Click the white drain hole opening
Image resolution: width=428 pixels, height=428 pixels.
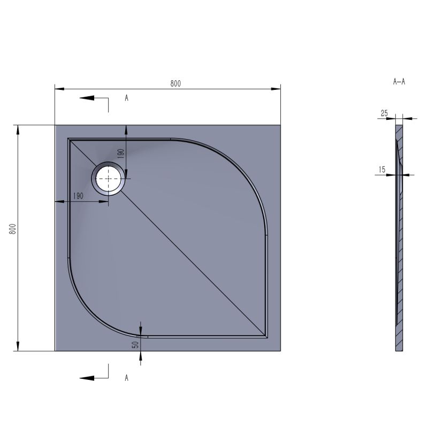click(x=109, y=179)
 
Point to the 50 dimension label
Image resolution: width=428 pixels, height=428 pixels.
click(x=135, y=345)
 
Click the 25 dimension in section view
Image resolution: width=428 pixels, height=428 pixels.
click(x=384, y=113)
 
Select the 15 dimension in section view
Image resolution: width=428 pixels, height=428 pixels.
click(x=382, y=170)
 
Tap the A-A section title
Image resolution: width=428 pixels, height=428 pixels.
click(x=399, y=81)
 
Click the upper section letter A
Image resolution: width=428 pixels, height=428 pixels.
click(x=126, y=98)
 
